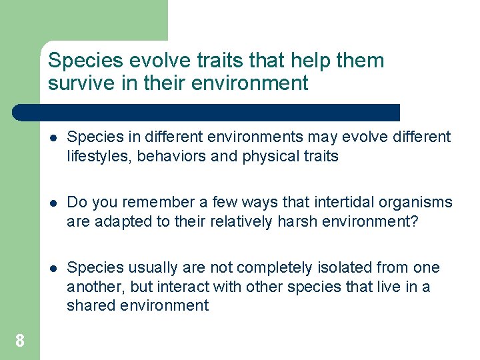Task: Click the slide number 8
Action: [20, 341]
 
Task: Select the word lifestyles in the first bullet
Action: [97, 157]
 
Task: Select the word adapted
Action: [117, 222]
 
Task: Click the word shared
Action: [90, 306]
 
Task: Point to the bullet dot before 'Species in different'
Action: [53, 138]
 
